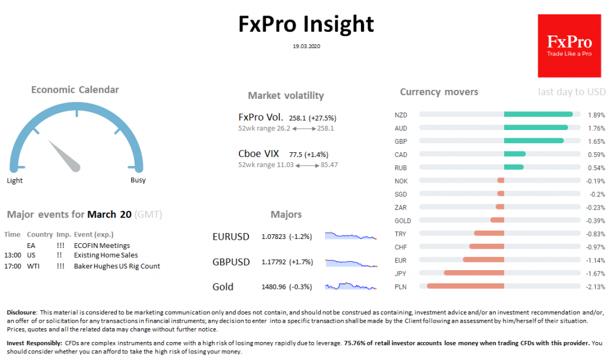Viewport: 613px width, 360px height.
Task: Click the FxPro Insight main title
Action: click(x=306, y=24)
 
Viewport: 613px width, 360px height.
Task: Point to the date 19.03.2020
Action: click(x=306, y=46)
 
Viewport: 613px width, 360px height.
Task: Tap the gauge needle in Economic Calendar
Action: click(x=64, y=155)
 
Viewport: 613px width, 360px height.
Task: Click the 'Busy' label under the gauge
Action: click(x=138, y=180)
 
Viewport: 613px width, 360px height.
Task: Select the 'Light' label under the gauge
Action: click(x=14, y=180)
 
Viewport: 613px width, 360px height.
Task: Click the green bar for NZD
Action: click(x=538, y=114)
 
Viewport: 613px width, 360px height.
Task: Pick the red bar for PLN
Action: click(x=465, y=286)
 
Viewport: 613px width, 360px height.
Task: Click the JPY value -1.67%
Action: click(x=596, y=273)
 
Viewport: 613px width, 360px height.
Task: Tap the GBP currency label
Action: click(x=400, y=141)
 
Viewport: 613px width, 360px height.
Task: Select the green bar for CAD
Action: click(x=515, y=154)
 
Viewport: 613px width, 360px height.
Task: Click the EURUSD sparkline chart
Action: click(x=351, y=235)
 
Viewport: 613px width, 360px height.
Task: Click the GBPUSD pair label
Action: click(x=231, y=262)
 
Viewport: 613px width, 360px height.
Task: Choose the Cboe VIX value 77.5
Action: click(x=298, y=154)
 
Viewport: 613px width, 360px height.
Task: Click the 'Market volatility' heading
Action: click(x=286, y=95)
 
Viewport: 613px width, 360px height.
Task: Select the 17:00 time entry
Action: click(x=13, y=266)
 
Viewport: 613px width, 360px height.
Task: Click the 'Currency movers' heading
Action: click(x=439, y=92)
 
